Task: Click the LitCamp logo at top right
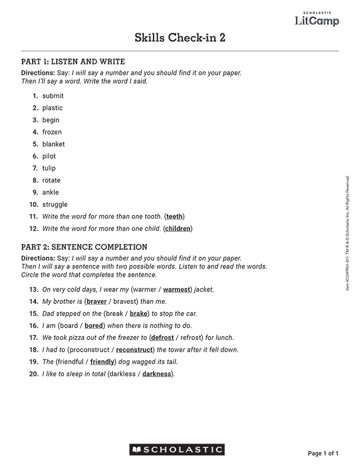pyautogui.click(x=317, y=20)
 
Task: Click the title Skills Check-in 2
pyautogui.click(x=180, y=38)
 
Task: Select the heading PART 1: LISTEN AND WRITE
pyautogui.click(x=73, y=62)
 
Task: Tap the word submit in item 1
pyautogui.click(x=53, y=96)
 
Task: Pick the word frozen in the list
pyautogui.click(x=52, y=132)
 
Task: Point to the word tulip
pyautogui.click(x=49, y=168)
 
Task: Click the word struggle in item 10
pyautogui.click(x=55, y=204)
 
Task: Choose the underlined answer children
pyautogui.click(x=178, y=228)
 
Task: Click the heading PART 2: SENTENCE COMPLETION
pyautogui.click(x=84, y=247)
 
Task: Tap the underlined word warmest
pyautogui.click(x=177, y=290)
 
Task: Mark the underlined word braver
pyautogui.click(x=97, y=302)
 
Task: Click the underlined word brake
pyautogui.click(x=138, y=313)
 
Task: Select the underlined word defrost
pyautogui.click(x=163, y=338)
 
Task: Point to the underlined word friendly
pyautogui.click(x=102, y=362)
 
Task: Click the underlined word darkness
pyautogui.click(x=156, y=374)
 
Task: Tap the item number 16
pyautogui.click(x=34, y=326)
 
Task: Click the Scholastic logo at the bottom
pyautogui.click(x=177, y=450)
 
